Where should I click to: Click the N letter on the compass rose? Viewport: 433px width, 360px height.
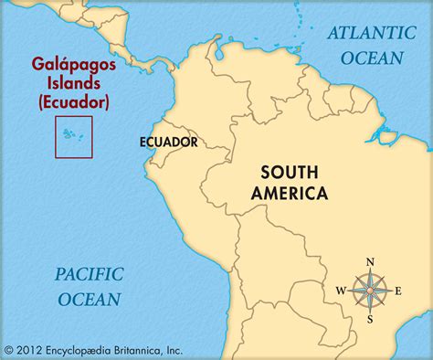coord(370,263)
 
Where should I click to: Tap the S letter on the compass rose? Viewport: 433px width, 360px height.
coord(370,319)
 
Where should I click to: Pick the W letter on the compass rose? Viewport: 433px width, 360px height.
coord(341,291)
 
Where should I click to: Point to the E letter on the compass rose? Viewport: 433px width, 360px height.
coord(398,291)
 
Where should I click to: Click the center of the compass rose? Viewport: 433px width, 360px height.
coord(370,291)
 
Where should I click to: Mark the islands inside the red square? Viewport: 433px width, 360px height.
coord(70,133)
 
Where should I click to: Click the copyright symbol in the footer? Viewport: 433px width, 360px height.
coord(10,349)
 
